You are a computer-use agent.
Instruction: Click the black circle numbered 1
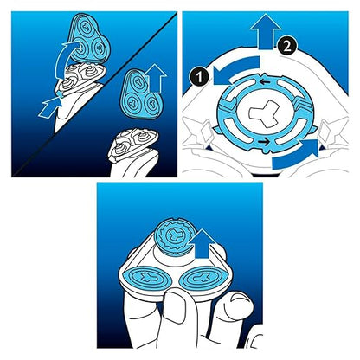[x=199, y=77]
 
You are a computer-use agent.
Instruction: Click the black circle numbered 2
[x=287, y=47]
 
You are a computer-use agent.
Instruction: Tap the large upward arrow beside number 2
[x=266, y=32]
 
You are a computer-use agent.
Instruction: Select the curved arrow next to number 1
[x=235, y=70]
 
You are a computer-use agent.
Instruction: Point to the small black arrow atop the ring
[x=265, y=82]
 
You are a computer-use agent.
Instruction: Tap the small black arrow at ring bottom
[x=264, y=142]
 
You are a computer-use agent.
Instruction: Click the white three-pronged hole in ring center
[x=264, y=113]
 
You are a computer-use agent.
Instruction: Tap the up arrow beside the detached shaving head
[x=156, y=79]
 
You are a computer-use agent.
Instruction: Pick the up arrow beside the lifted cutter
[x=203, y=244]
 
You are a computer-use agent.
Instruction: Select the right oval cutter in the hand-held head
[x=202, y=279]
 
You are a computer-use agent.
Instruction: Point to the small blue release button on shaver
[x=61, y=94]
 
